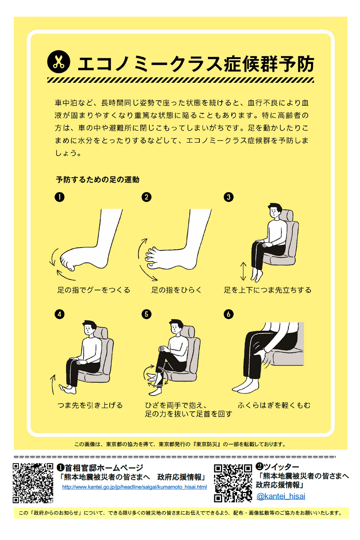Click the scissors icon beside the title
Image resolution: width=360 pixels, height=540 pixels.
click(58, 62)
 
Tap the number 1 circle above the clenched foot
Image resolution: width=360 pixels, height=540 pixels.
click(59, 197)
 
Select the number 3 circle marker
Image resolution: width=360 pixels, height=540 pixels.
click(229, 197)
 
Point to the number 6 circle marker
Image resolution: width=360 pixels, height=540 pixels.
click(229, 314)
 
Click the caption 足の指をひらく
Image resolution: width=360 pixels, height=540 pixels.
click(176, 290)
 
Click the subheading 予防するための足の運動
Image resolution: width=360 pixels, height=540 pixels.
click(97, 180)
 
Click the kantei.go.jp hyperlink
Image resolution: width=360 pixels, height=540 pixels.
click(135, 487)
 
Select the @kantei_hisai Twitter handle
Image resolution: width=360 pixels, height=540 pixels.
click(281, 496)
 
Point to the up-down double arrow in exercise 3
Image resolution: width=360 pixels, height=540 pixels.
click(243, 271)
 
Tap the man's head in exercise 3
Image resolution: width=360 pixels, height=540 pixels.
click(275, 211)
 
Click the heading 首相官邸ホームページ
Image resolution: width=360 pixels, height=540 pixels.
click(104, 468)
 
